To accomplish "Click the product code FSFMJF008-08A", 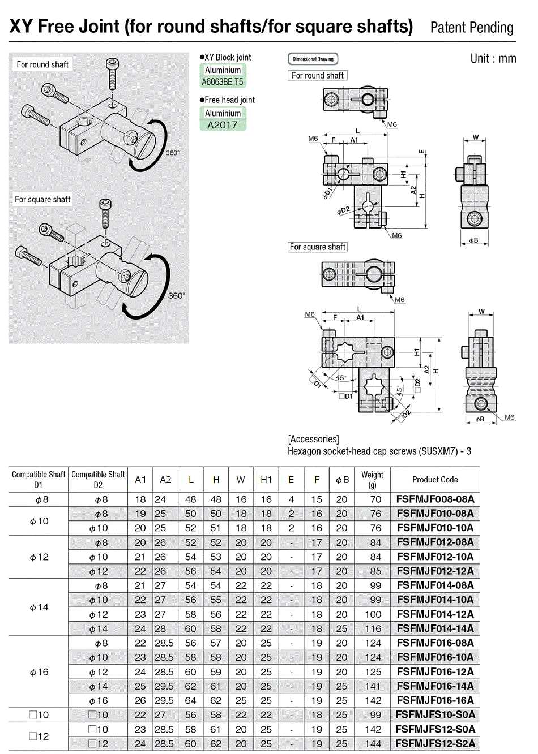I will [x=435, y=499].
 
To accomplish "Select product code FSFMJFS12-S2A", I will [x=435, y=743].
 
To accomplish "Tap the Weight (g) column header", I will [x=372, y=480].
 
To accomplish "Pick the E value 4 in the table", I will [x=291, y=499].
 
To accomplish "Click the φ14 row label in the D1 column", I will [x=39, y=607].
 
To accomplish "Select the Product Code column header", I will [x=435, y=480].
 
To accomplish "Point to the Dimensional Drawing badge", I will [x=313, y=59].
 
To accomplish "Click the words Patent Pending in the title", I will [x=472, y=28].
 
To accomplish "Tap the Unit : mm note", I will [x=493, y=58].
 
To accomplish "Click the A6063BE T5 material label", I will [x=223, y=82].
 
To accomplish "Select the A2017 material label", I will [x=223, y=125].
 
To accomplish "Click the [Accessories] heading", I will [x=313, y=439].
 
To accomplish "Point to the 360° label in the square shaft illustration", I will [x=176, y=295].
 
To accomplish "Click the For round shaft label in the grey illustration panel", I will [x=42, y=64].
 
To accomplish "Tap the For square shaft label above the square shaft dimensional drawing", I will [x=317, y=247].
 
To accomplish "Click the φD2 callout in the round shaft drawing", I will [x=343, y=210].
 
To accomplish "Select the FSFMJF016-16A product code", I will [x=435, y=700].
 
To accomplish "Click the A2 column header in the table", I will [x=165, y=480].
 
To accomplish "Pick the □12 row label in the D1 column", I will [x=39, y=736].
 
